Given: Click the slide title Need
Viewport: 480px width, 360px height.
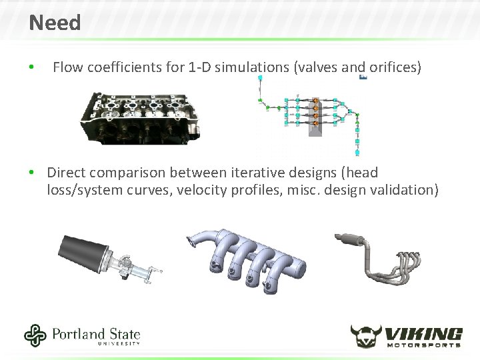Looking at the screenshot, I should (x=55, y=23).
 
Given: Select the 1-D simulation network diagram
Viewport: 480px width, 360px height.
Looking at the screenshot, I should (x=310, y=113).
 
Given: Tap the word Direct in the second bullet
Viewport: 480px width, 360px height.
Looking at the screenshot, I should (x=67, y=173).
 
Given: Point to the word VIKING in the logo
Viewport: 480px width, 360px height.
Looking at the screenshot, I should (x=424, y=333).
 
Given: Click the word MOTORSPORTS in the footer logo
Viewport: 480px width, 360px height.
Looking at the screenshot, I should (x=424, y=345).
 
